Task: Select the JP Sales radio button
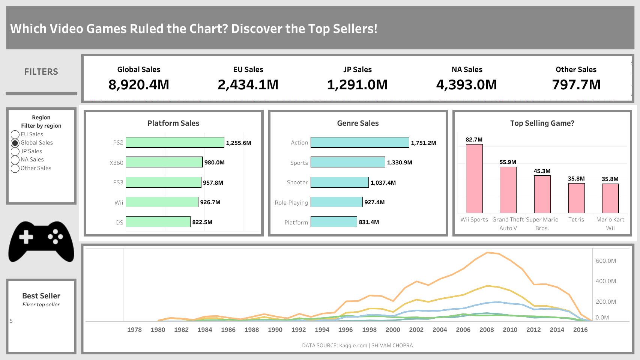(15, 151)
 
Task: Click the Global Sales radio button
(15, 143)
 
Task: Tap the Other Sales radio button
(15, 168)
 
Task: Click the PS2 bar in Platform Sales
(175, 142)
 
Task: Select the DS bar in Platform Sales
(158, 222)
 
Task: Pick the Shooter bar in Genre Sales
(340, 182)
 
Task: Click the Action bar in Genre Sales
(360, 142)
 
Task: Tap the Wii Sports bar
(474, 178)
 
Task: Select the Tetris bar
(577, 198)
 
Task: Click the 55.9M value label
(508, 162)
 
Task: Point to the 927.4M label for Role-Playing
(374, 202)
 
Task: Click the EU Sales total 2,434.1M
(248, 84)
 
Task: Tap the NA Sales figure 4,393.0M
(467, 84)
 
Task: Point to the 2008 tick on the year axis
(487, 330)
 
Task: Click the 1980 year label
(158, 330)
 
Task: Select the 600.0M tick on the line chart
(606, 261)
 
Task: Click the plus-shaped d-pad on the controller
(26, 237)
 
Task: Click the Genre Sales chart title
(358, 123)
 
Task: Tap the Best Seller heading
(41, 296)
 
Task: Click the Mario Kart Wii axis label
(610, 224)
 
